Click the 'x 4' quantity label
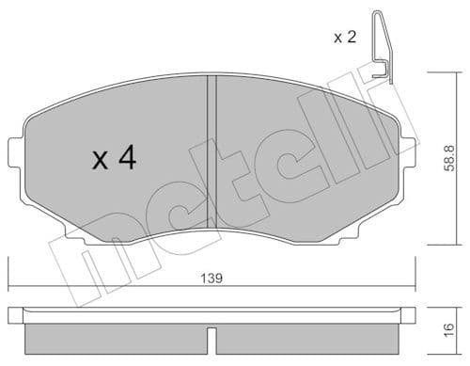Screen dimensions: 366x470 pyautogui.click(x=114, y=159)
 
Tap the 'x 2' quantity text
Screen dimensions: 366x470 pyautogui.click(x=346, y=38)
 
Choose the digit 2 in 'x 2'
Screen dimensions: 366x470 pyautogui.click(x=352, y=38)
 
